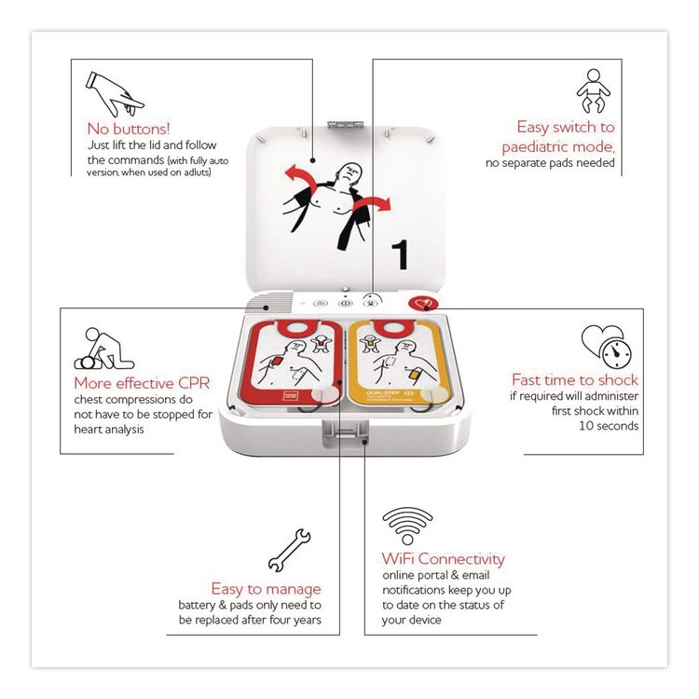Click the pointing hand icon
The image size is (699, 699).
point(108,89)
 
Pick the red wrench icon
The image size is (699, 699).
point(289,549)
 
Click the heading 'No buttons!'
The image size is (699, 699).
point(129,128)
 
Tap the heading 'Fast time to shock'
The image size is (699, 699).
point(575,379)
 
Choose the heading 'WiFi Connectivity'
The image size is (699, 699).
point(444,559)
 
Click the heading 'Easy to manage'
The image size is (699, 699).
point(266,588)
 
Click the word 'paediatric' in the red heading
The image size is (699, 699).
point(556,146)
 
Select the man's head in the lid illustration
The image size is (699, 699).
point(349,171)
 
